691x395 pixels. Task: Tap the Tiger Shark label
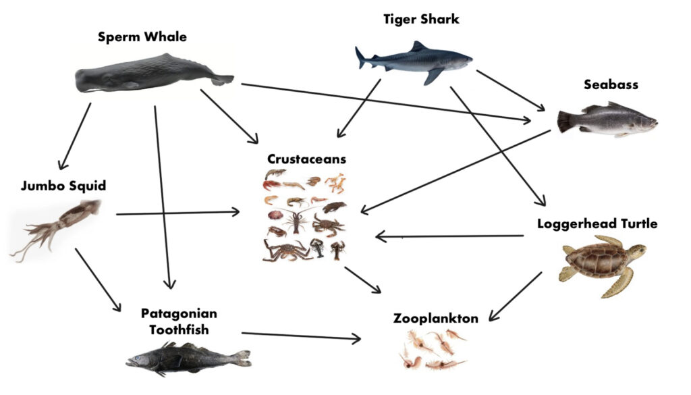click(x=421, y=19)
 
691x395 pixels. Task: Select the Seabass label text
click(x=611, y=85)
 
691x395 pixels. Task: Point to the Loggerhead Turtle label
click(x=597, y=223)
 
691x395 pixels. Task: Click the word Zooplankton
click(x=436, y=318)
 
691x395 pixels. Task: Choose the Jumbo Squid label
click(x=63, y=185)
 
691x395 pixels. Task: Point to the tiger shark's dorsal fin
click(x=419, y=47)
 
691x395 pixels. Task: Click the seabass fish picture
click(x=607, y=120)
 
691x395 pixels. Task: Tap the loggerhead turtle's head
click(x=637, y=251)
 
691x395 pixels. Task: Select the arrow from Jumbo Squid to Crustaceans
click(x=178, y=213)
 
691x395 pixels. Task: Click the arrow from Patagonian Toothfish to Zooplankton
click(x=301, y=336)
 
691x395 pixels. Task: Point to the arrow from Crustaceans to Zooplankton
click(x=363, y=280)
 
